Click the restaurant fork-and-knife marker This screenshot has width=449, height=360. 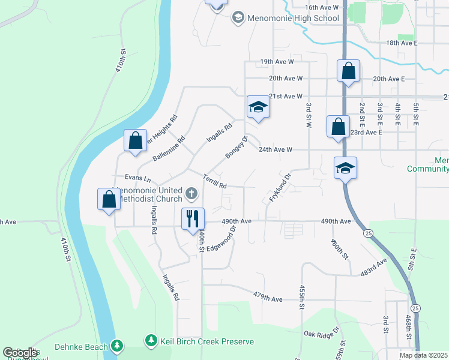coord(193,218)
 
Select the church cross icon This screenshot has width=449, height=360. coord(191,193)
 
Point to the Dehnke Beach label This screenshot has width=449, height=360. coord(81,346)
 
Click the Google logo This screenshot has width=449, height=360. coord(20,353)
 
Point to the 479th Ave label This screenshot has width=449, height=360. coord(267,298)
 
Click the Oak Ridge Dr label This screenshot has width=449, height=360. coord(321,332)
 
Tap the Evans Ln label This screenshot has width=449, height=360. coord(137,178)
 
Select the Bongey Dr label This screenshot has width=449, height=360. coord(237,148)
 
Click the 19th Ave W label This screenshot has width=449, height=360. coord(277,62)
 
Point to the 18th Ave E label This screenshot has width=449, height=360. coord(402,43)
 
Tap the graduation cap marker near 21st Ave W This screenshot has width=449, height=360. coord(258,107)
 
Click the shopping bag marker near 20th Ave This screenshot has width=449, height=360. coord(348,71)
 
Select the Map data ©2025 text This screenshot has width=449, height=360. coord(423,355)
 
